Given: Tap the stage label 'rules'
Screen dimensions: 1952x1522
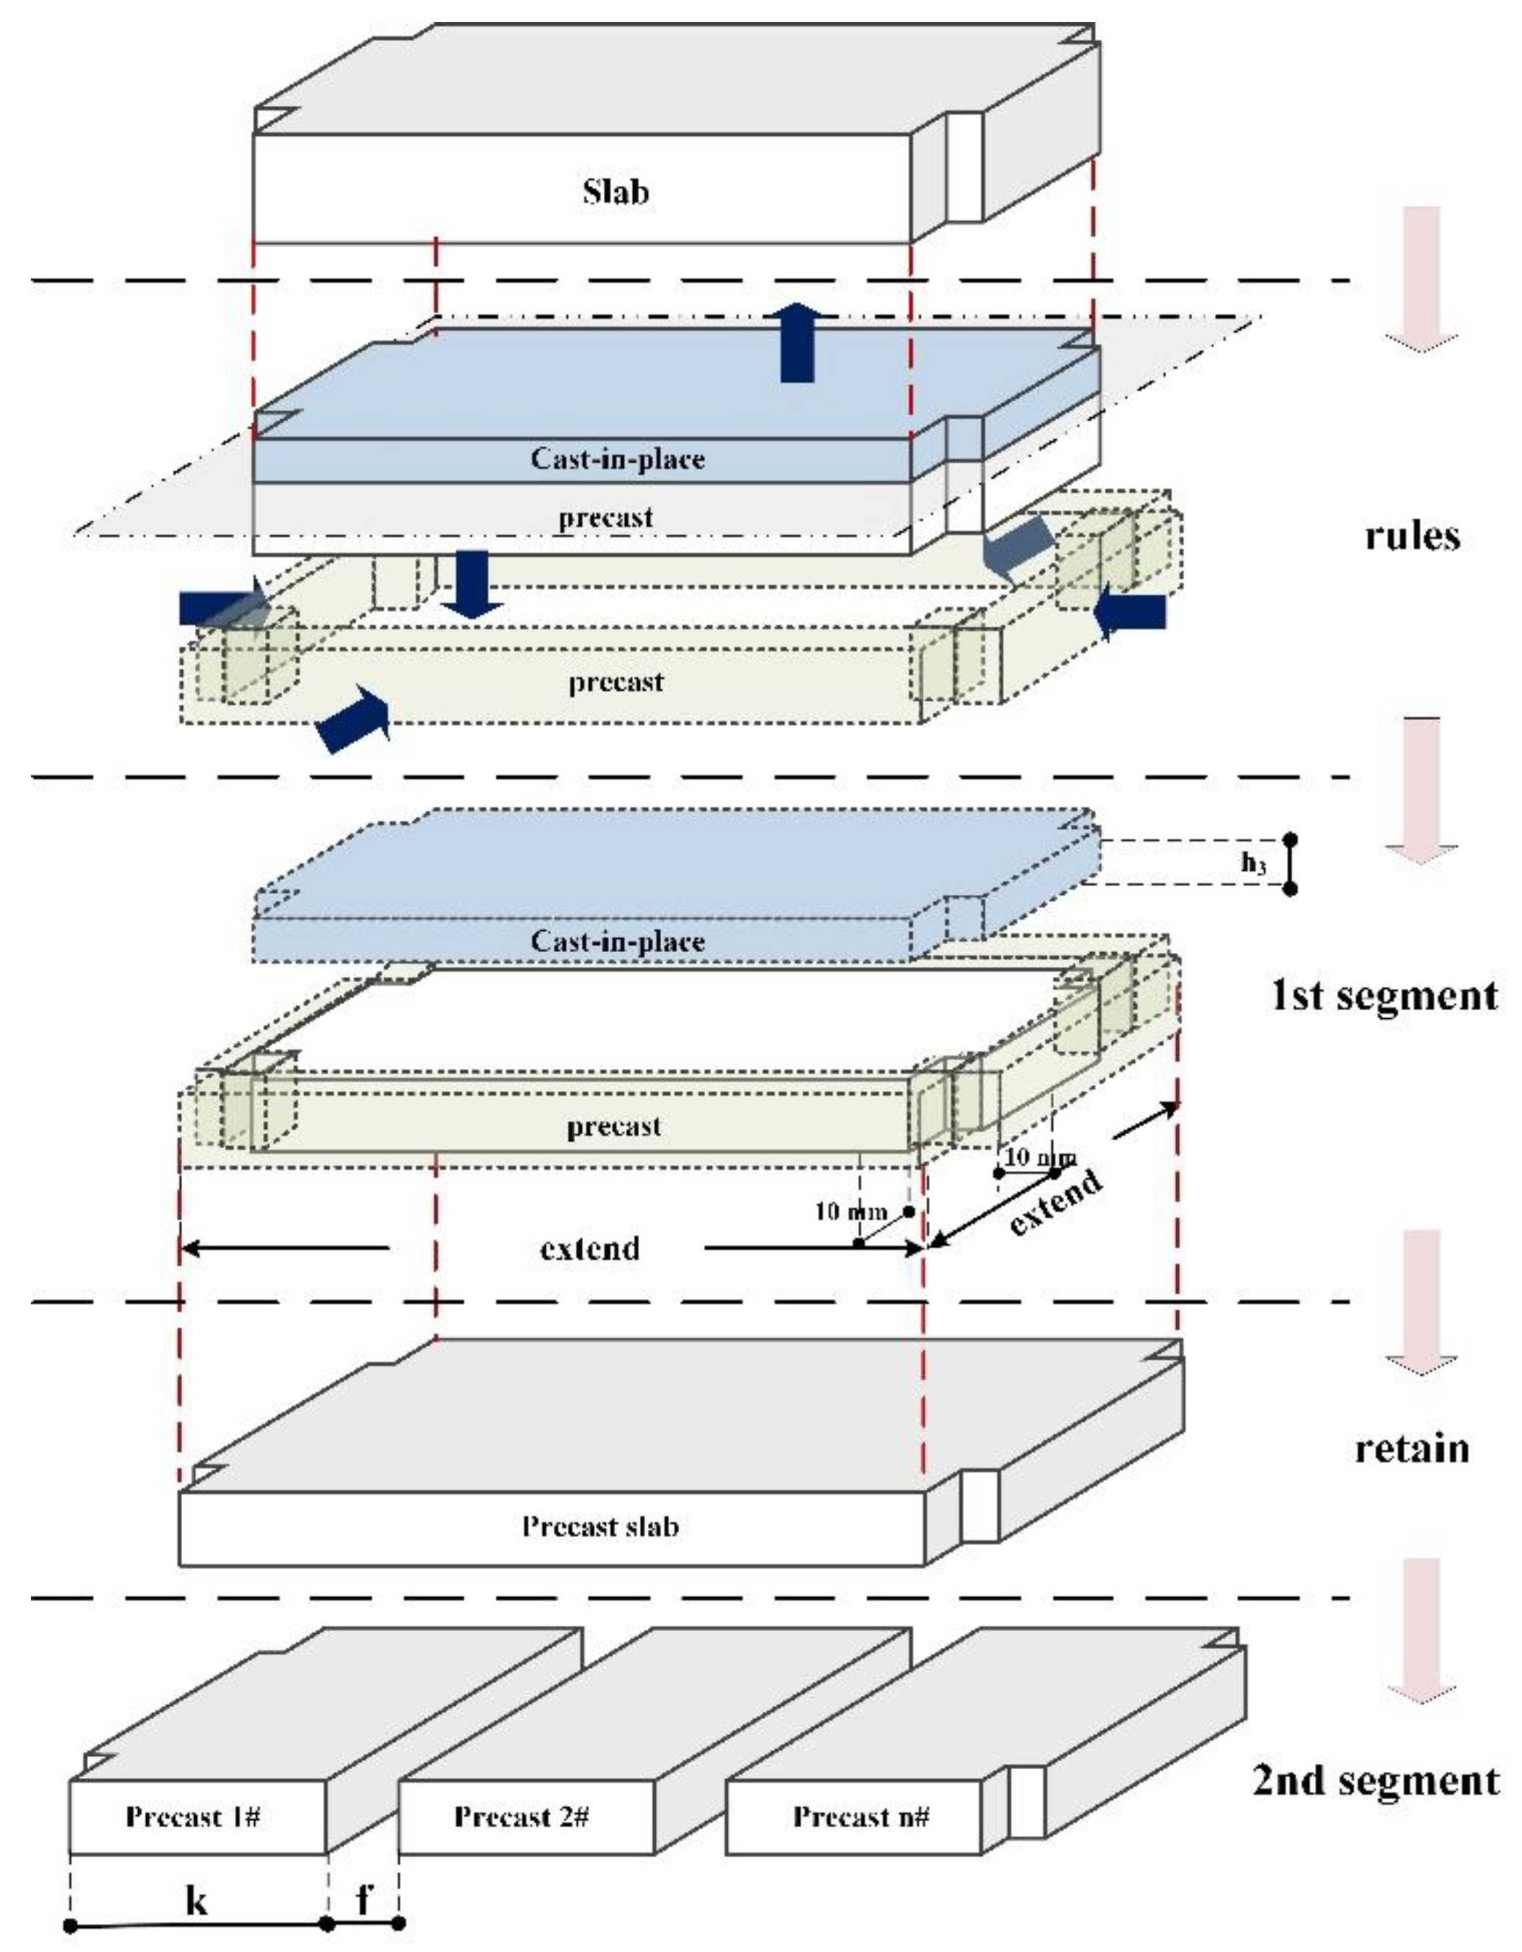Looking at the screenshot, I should pyautogui.click(x=1412, y=537).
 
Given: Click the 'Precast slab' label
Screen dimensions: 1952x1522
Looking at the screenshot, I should pyautogui.click(x=599, y=1527).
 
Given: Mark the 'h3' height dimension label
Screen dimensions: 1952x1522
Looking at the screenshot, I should pyautogui.click(x=1254, y=863).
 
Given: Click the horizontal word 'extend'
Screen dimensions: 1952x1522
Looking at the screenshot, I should pyautogui.click(x=590, y=1247).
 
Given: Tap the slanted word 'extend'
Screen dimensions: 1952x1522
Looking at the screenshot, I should pyautogui.click(x=1056, y=1202).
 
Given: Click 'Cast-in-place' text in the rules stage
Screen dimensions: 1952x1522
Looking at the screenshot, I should pyautogui.click(x=618, y=459).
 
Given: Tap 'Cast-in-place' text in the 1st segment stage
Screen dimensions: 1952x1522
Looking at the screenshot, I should pyautogui.click(x=618, y=941).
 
